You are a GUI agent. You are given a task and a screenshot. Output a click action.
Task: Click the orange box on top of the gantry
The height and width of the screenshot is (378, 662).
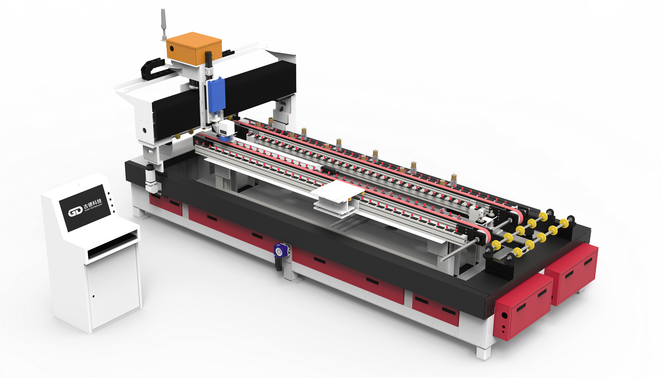point(194,49)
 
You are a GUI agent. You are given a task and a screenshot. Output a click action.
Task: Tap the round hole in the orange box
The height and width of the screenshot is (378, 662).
point(172,48)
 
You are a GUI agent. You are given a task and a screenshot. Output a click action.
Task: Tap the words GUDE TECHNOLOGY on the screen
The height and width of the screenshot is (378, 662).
point(93,208)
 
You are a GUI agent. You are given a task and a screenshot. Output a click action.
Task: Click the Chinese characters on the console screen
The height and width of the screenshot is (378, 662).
point(92,203)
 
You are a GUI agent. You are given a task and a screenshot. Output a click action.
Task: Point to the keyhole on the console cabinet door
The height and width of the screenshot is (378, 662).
point(93,296)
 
